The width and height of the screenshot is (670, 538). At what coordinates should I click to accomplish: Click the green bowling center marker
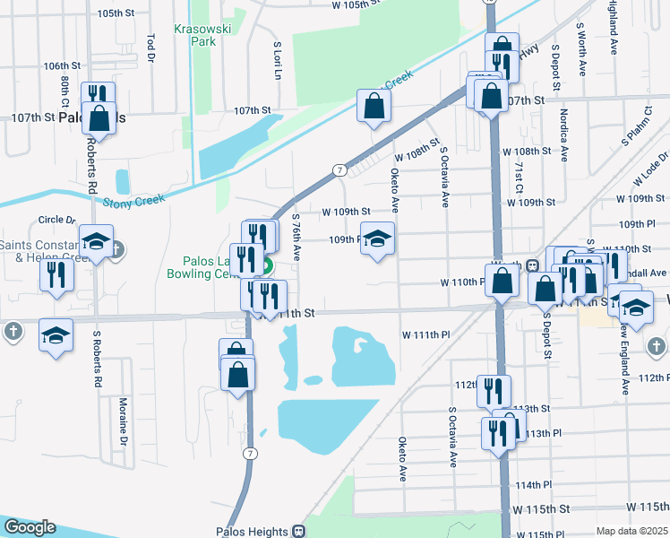click(266, 266)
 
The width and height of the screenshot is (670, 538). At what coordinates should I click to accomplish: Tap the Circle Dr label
click(57, 220)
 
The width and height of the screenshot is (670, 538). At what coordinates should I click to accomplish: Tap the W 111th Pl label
click(425, 334)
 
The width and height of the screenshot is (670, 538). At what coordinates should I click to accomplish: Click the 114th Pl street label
click(534, 485)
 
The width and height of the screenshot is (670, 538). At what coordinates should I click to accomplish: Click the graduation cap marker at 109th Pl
click(378, 239)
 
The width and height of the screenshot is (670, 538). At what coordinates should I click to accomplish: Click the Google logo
click(30, 527)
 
